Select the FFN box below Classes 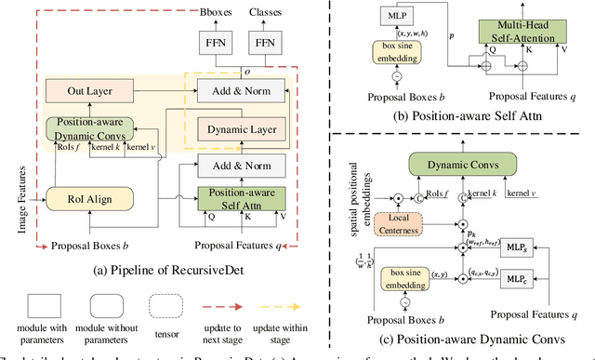[267, 44]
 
